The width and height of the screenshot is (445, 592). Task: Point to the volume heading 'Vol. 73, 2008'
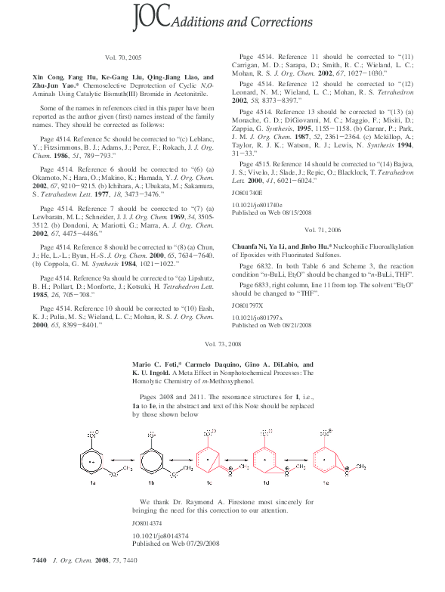223,344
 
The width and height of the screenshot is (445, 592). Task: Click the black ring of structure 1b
148,458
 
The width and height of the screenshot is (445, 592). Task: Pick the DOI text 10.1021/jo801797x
257,318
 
